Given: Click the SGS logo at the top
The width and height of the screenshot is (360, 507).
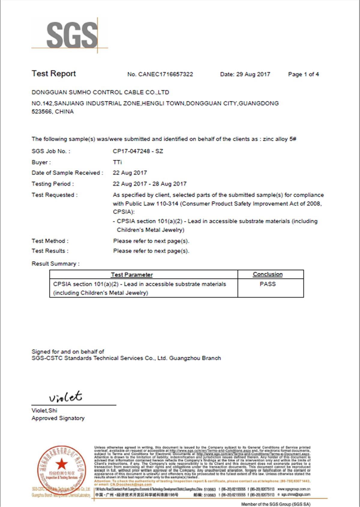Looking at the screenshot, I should point(72,35).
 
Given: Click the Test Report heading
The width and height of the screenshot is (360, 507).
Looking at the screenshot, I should point(54,74).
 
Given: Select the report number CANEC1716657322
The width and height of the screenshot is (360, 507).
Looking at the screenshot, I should point(165,74).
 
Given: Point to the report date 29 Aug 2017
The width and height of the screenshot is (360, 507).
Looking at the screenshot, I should point(253,74).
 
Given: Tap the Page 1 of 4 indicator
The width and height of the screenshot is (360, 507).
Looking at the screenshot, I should point(303,74).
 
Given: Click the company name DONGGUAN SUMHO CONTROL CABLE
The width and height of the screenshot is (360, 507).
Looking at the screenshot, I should point(100,92).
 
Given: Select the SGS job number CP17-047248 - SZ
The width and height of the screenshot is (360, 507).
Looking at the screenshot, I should point(138,151).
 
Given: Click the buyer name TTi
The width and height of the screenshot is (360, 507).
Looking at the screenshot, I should point(117,162).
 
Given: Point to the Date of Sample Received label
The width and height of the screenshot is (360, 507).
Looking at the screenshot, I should point(67,173).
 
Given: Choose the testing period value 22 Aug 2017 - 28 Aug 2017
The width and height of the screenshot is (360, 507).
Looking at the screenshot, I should point(149,184).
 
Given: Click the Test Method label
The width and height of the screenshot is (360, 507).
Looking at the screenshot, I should point(50,241).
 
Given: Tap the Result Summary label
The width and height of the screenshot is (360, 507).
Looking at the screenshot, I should point(55,264).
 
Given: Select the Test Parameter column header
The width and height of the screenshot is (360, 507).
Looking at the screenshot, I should point(132,275).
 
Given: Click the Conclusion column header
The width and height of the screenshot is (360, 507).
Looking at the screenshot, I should point(268,274).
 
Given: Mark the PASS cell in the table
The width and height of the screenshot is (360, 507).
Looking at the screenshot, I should point(268,284).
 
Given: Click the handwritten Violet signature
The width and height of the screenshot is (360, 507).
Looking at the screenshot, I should point(66,397).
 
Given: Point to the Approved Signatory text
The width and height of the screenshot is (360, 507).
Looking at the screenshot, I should point(58,418).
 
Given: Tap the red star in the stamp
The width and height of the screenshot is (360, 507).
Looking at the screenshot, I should point(62,464).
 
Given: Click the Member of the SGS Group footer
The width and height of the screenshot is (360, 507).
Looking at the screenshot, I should point(276,504).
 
